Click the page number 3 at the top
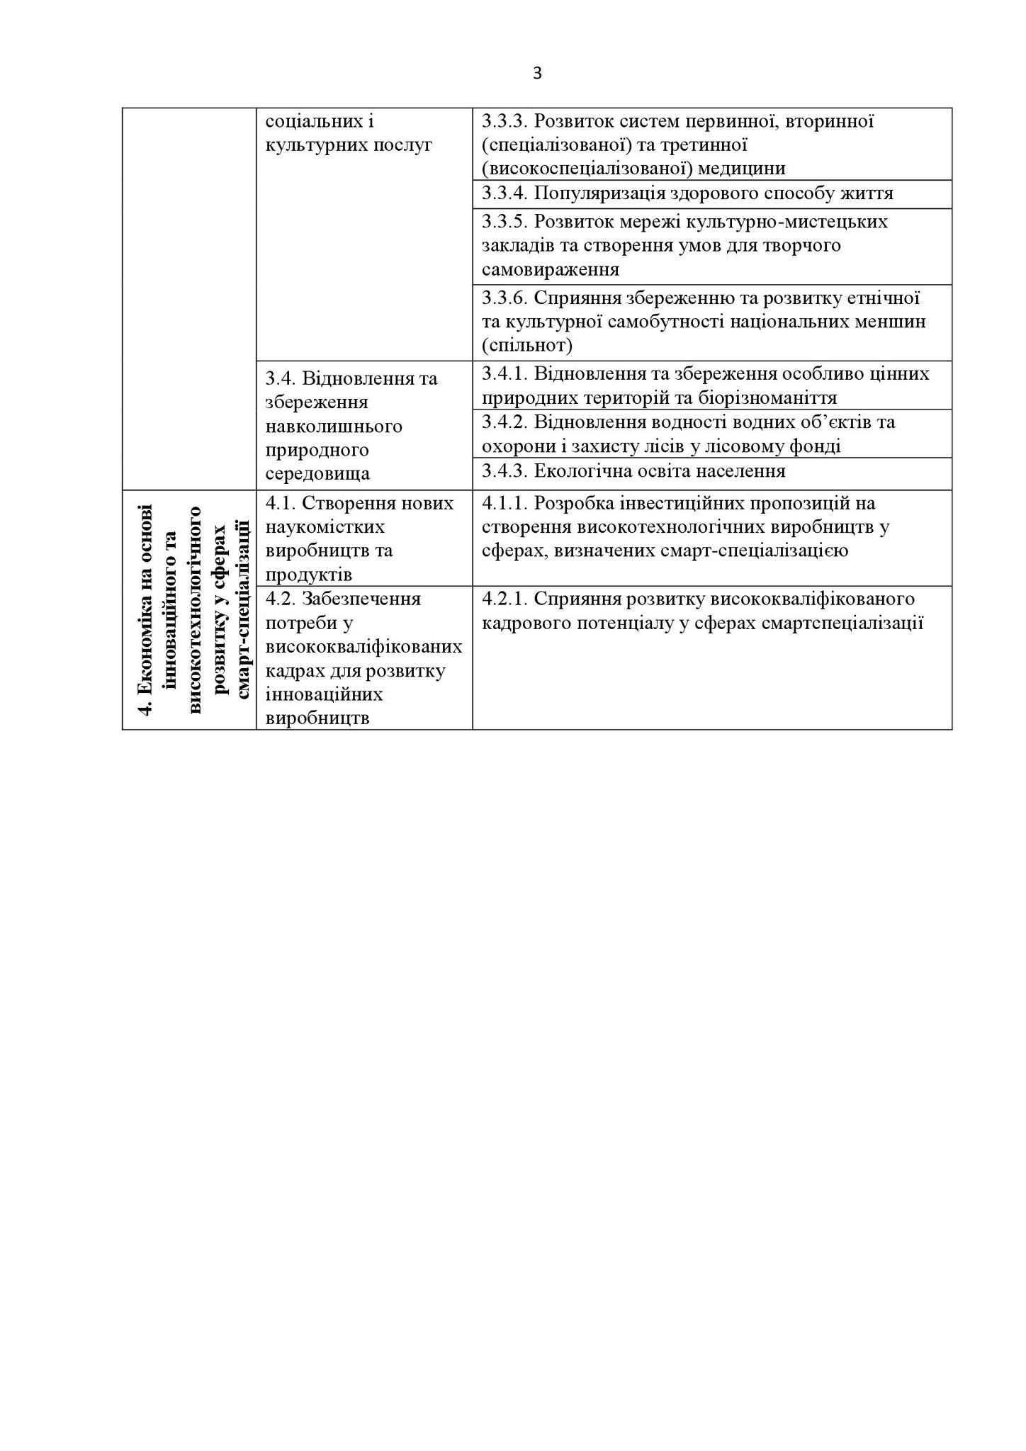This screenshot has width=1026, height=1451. pyautogui.click(x=537, y=74)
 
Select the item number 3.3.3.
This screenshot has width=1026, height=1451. pyautogui.click(x=505, y=121)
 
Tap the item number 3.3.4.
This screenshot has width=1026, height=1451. pyautogui.click(x=505, y=193)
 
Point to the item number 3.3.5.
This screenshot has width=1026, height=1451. pyautogui.click(x=505, y=222)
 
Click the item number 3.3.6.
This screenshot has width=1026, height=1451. pyautogui.click(x=505, y=298)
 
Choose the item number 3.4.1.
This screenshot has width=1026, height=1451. pyautogui.click(x=505, y=373)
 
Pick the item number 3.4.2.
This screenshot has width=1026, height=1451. pyautogui.click(x=505, y=422)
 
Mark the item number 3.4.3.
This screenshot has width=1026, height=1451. pyautogui.click(x=505, y=471)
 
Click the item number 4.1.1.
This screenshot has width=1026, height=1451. pyautogui.click(x=505, y=503)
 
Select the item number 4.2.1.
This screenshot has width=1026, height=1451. pyautogui.click(x=505, y=599)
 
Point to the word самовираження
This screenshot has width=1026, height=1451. pyautogui.click(x=551, y=270)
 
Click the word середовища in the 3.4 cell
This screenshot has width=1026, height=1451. pyautogui.click(x=317, y=474)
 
